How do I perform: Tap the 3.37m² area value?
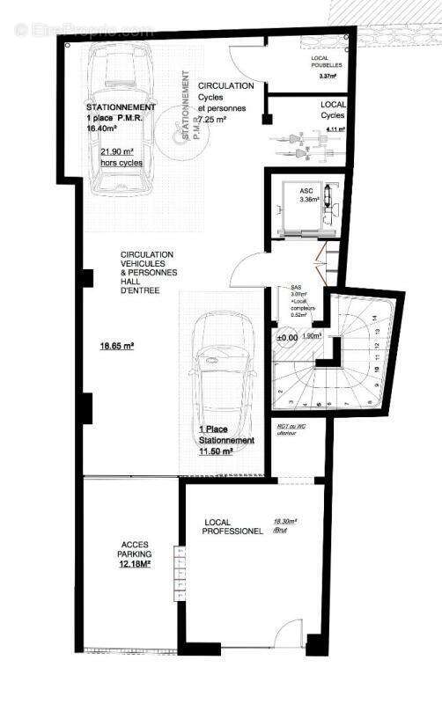pos(328,77)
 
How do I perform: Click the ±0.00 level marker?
pos(287,337)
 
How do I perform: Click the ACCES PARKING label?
pos(136,549)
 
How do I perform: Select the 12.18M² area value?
pos(135,565)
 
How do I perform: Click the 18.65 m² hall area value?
pos(116,347)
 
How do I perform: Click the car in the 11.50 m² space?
pos(220,370)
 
